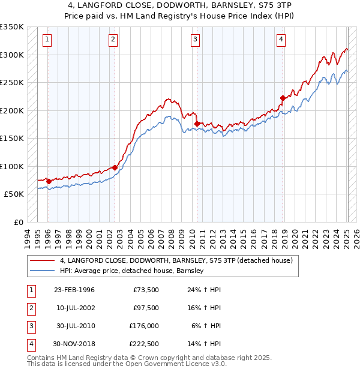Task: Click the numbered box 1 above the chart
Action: pos(47,40)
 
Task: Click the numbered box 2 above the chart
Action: pos(113,40)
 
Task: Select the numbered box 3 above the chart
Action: pos(196,40)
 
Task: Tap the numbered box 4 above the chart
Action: pos(281,40)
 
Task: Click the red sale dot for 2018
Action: pos(283,98)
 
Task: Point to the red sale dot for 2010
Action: pos(197,124)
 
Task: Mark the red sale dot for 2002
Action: pos(115,167)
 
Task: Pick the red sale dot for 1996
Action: pos(49,181)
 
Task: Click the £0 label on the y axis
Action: pos(17,223)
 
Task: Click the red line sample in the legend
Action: pos(42,261)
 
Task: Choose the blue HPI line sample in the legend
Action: pos(42,271)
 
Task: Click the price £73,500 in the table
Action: pos(146,290)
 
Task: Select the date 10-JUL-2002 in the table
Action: pos(75,308)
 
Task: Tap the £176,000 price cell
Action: pos(144,326)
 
